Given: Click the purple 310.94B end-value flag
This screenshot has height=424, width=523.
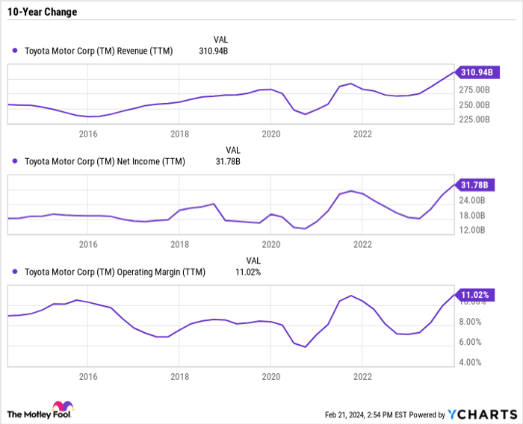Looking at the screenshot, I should point(475,72).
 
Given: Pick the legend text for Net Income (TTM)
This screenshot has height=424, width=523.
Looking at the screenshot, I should point(105,161).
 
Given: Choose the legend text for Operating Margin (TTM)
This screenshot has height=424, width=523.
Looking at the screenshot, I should point(115,272).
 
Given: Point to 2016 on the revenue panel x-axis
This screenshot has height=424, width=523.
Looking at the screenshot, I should point(88,134).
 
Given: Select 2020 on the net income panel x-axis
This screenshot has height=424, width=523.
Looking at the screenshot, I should point(270,244).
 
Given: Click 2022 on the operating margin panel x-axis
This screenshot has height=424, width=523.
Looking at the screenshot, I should point(362,377).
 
